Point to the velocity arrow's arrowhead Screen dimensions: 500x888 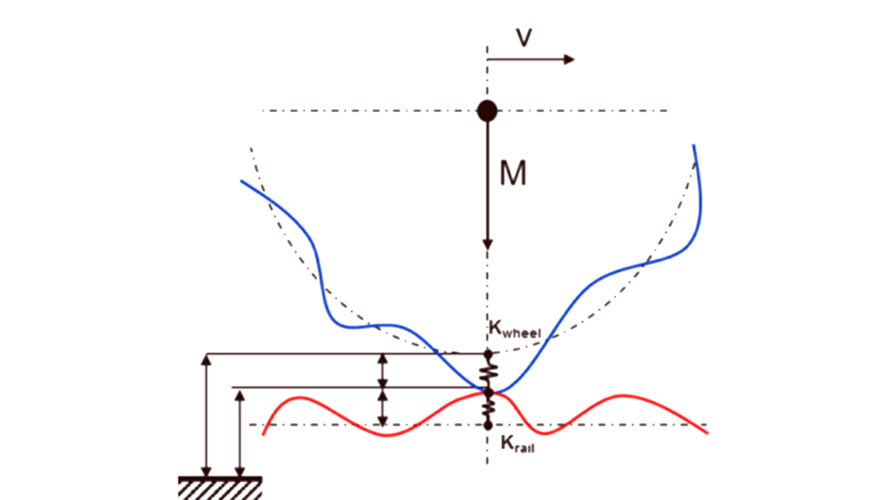[x=569, y=59]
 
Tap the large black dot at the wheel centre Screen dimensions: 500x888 [x=487, y=109]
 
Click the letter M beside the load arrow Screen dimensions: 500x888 [x=513, y=174]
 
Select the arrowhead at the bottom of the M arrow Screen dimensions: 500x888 [x=487, y=243]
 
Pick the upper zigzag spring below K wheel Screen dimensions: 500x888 [x=488, y=372]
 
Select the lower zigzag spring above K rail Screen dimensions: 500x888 [x=488, y=406]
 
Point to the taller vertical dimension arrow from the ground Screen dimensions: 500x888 [x=207, y=414]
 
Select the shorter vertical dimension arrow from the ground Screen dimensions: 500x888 [x=239, y=431]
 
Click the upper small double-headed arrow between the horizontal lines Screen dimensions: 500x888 [x=382, y=370]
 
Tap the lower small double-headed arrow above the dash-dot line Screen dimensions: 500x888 [x=382, y=407]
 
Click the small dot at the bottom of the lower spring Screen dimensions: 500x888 [x=488, y=425]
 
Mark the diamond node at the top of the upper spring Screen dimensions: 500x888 [x=488, y=354]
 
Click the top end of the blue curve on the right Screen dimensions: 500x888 [x=695, y=146]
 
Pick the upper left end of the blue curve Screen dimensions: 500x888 [x=242, y=181]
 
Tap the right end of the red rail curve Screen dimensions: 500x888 [x=707, y=433]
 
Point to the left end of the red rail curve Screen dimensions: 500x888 [x=263, y=434]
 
